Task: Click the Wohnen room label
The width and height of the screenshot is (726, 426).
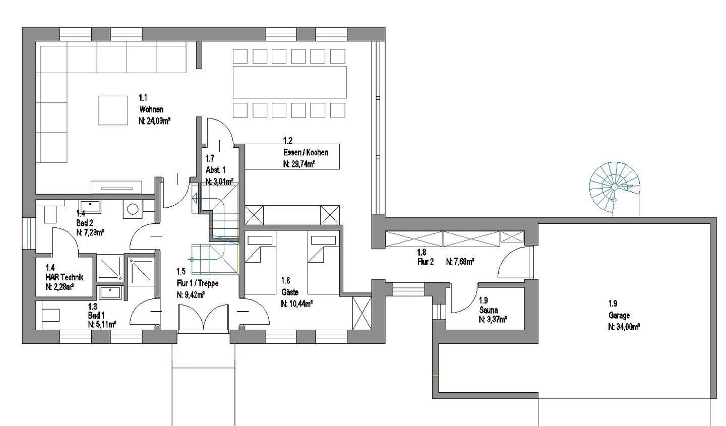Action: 151,109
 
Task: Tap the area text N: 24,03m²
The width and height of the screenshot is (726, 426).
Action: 155,121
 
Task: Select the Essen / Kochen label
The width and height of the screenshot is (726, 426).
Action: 306,152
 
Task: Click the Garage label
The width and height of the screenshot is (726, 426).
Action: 619,315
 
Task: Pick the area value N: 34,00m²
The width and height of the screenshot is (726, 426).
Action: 624,327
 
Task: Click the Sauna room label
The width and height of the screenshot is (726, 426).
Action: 489,310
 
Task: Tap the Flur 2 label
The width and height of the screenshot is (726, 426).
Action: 425,262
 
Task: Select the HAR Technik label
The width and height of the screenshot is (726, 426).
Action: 65,277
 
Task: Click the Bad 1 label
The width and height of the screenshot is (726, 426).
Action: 96,315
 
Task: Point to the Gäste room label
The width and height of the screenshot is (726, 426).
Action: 290,292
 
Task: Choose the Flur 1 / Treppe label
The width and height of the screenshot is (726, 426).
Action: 198,283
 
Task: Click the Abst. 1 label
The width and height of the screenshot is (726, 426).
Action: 216,170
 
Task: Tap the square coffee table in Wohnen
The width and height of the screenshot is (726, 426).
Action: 113,110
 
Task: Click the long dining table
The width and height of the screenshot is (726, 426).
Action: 290,82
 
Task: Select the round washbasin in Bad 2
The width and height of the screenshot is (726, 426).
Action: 133,209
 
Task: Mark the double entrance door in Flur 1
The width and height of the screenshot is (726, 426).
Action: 203,317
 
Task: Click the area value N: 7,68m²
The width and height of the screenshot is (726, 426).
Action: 460,262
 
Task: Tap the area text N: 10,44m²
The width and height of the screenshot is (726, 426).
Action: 297,304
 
